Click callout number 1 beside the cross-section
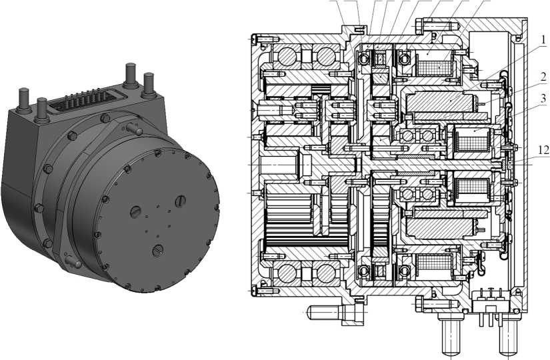pos(543,39)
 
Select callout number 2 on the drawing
pos(543,77)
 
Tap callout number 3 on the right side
pos(543,99)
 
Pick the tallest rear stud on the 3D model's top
pos(131,74)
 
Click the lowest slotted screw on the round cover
pos(158,250)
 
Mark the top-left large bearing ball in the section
pos(287,56)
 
